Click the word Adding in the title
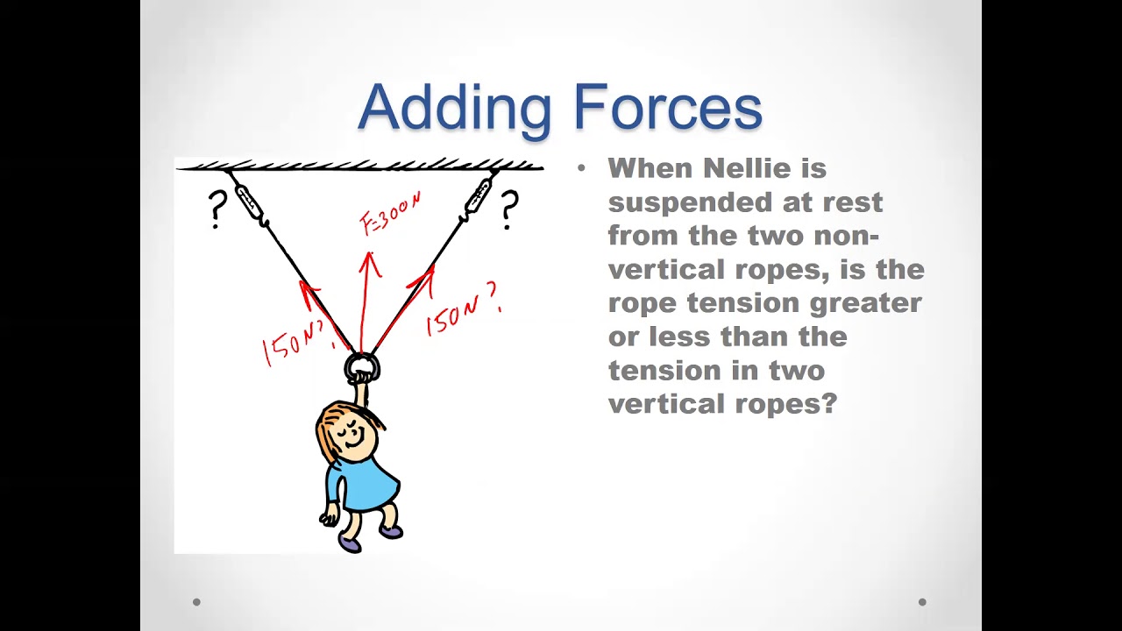453,108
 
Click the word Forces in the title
667,108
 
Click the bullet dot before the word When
581,168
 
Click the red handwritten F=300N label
391,214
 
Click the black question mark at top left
217,209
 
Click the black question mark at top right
508,210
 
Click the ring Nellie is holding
361,367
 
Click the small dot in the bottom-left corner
196,602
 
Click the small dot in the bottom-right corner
922,602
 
